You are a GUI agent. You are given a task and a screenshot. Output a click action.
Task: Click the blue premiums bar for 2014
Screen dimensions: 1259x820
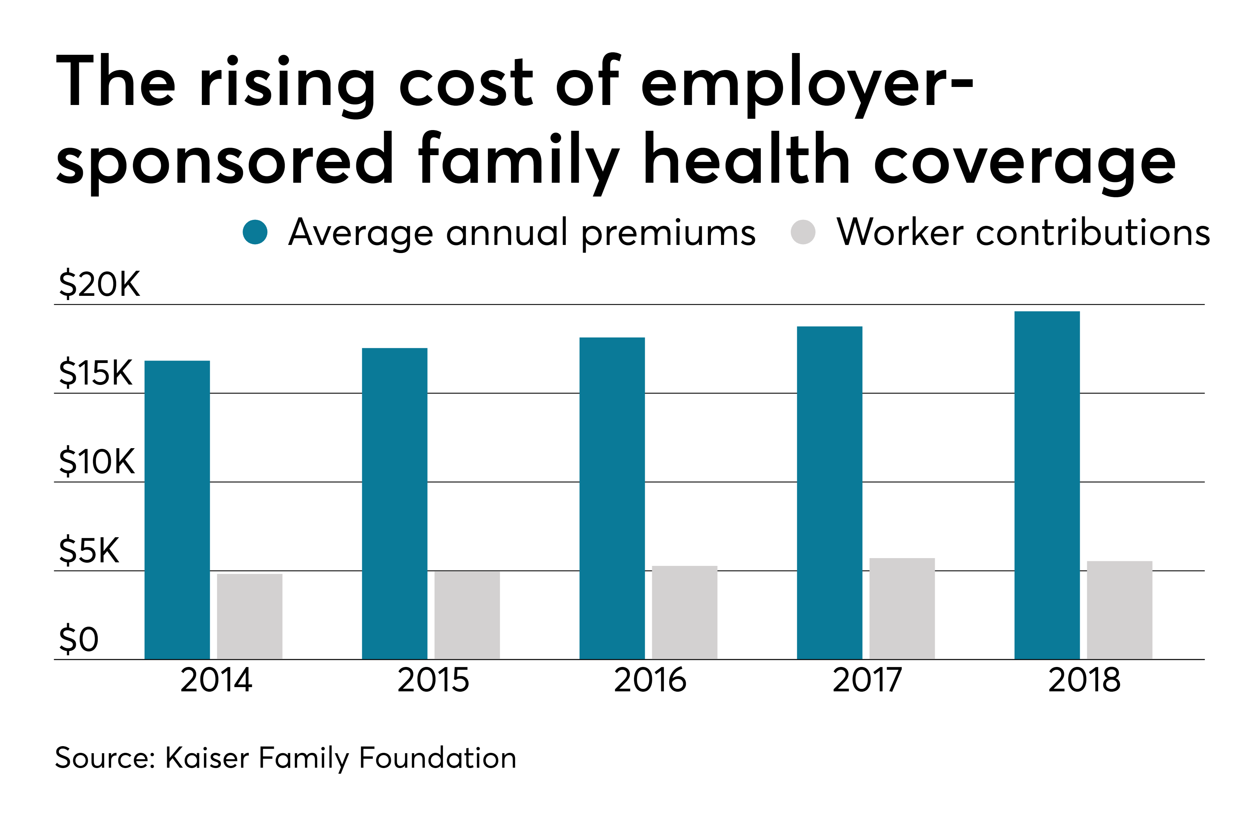[177, 510]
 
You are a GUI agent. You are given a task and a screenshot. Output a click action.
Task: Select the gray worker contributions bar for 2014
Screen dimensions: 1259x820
[250, 616]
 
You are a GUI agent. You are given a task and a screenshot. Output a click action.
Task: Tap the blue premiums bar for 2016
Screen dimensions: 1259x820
[612, 498]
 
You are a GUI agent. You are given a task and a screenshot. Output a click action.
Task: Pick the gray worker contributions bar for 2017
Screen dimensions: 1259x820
[902, 609]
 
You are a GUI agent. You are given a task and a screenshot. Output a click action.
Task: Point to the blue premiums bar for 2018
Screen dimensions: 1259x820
[1047, 485]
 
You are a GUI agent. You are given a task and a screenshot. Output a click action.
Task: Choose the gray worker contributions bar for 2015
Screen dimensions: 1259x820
[467, 615]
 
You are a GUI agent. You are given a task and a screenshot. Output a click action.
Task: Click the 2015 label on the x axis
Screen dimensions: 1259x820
[433, 680]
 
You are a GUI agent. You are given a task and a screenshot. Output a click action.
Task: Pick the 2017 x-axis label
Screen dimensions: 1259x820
[867, 680]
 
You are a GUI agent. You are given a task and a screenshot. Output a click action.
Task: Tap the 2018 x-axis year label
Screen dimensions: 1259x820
[1084, 680]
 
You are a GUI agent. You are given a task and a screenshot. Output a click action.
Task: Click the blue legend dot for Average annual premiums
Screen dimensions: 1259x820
[255, 232]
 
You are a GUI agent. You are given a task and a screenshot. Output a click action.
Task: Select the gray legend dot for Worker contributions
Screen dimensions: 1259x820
[803, 232]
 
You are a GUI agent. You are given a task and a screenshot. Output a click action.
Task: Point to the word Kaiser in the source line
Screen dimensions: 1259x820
[207, 757]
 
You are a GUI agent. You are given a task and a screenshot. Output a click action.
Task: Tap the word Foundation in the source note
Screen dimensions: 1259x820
[437, 757]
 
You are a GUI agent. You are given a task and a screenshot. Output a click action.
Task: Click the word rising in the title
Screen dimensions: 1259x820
[287, 85]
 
